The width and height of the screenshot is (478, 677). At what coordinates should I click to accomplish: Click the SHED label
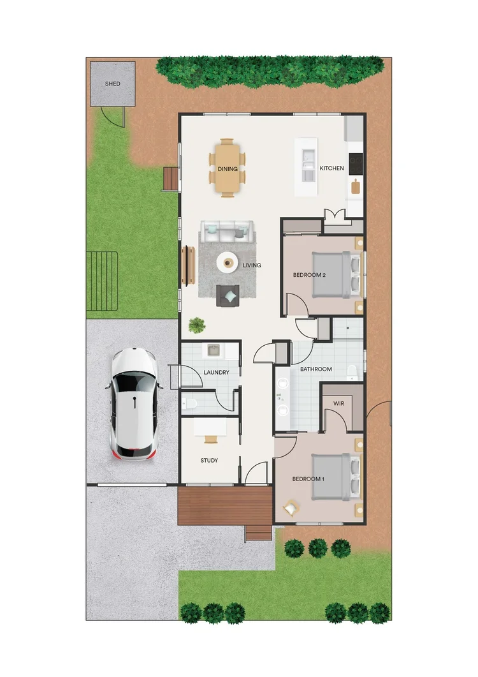[112, 84]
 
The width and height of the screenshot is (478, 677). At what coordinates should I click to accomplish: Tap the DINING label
[228, 169]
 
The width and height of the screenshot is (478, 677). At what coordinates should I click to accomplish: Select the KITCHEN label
[331, 168]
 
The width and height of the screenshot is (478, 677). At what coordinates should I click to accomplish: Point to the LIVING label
[252, 265]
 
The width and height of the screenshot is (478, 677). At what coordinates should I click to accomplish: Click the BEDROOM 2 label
[309, 275]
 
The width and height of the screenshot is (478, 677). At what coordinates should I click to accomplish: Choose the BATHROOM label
[316, 369]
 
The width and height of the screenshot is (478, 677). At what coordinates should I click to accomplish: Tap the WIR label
[339, 403]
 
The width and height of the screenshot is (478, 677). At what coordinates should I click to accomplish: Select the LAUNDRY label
[216, 372]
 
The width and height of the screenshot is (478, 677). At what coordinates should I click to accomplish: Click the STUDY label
[209, 460]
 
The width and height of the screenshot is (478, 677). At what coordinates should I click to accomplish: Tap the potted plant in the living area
[197, 325]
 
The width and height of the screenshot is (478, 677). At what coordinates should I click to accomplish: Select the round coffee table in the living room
[227, 262]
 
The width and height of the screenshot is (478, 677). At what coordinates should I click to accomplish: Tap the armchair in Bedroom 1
[291, 507]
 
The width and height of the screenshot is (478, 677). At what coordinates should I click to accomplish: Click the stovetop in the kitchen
[355, 163]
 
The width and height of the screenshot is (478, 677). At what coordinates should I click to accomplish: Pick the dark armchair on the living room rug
[228, 295]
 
